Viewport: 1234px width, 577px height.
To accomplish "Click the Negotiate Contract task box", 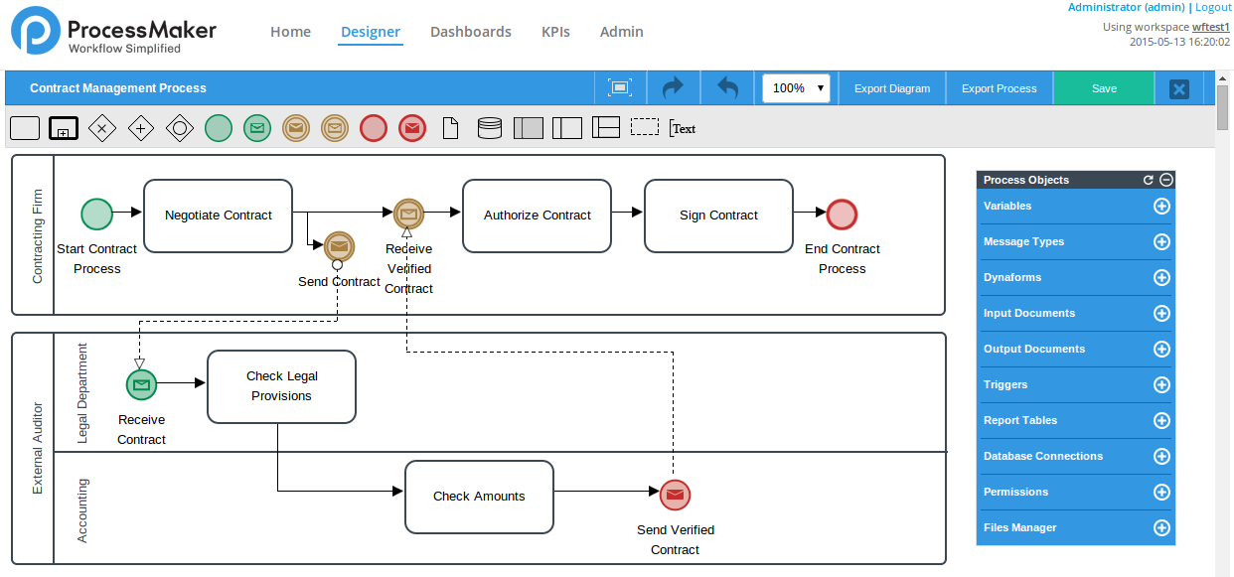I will click(218, 216).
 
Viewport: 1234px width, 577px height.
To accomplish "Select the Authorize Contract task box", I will click(537, 216).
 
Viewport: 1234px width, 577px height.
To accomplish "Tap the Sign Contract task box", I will click(718, 216).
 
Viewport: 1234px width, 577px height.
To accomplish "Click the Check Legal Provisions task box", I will click(281, 386).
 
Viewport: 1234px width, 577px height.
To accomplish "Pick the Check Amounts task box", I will click(479, 497).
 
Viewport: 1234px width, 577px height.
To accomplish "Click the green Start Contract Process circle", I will click(96, 214).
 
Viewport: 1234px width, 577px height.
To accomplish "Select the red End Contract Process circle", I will click(842, 215).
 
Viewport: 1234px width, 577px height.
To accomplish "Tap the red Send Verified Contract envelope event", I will click(675, 495).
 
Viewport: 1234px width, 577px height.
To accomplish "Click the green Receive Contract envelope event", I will click(141, 384).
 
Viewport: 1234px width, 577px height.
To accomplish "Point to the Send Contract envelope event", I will click(339, 244).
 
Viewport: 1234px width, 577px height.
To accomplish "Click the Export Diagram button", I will click(892, 88).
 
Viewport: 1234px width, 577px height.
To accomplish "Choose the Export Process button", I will click(999, 88).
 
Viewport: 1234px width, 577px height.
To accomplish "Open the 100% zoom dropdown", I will click(796, 88).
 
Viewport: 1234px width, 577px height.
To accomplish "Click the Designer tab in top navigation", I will click(371, 32).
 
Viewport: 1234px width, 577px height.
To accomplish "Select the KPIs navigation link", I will click(555, 32).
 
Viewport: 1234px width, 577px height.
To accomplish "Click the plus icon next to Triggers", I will click(1160, 385).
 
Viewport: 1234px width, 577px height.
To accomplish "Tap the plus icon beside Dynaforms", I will click(1160, 278).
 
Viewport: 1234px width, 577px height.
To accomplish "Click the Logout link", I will click(1212, 7).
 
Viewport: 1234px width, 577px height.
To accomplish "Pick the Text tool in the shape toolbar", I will click(683, 128).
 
